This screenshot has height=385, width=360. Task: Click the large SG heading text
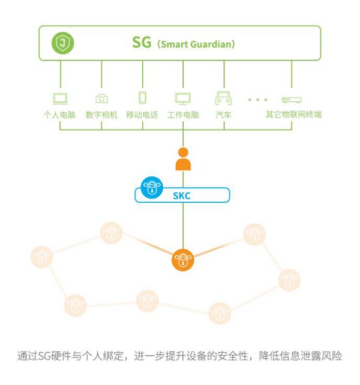point(142,43)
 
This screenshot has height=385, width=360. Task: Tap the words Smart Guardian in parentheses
point(196,44)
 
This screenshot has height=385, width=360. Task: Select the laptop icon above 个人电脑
point(60,98)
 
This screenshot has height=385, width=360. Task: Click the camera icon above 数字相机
point(101,98)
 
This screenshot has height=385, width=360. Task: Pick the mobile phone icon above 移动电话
point(142,98)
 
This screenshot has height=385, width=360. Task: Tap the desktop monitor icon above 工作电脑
point(182,98)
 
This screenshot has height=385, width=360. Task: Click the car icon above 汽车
point(223,98)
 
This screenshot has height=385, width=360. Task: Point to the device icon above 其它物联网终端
point(292,99)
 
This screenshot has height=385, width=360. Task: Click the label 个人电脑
point(60,115)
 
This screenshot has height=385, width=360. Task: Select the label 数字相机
point(101,115)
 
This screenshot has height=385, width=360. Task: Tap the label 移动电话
point(142,115)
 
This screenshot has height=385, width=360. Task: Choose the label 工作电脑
point(183,115)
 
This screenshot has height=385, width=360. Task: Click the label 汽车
point(223,115)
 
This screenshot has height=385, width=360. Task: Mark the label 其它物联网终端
point(294,115)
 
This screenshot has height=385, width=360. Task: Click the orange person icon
point(182,160)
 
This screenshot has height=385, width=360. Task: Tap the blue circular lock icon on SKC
point(152,187)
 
